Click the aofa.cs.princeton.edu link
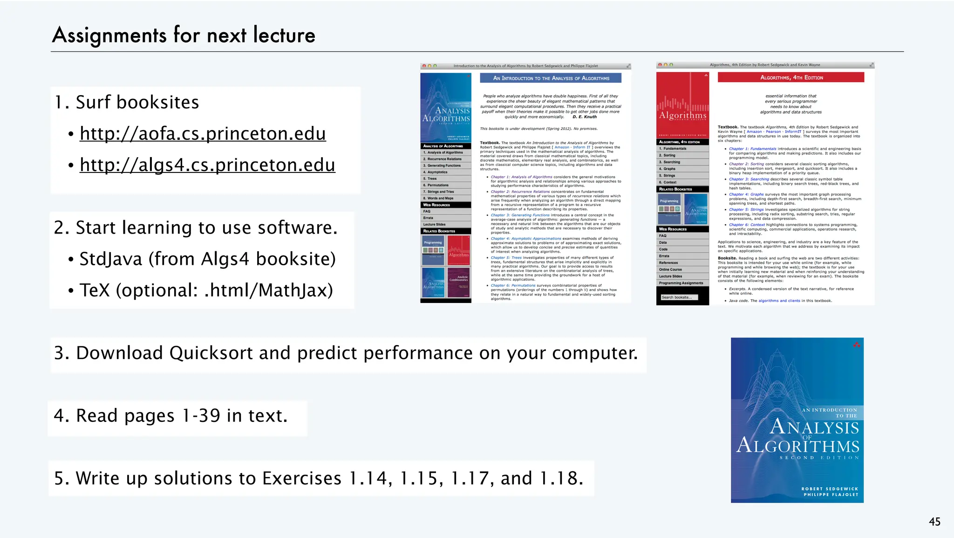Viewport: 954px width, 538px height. tap(203, 134)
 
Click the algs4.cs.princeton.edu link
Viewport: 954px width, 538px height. tap(207, 165)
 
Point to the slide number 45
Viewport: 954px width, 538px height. tap(934, 522)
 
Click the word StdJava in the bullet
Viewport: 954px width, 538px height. tap(111, 259)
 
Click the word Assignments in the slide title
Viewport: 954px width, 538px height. tap(109, 35)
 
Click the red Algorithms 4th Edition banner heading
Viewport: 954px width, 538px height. tap(791, 77)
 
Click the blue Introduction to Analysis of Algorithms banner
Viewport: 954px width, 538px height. tap(551, 78)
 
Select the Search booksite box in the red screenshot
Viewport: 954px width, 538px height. tap(679, 297)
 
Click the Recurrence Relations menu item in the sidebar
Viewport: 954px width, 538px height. tap(444, 159)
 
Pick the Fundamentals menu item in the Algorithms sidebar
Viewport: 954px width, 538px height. tap(675, 149)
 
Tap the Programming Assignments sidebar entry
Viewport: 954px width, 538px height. tap(681, 283)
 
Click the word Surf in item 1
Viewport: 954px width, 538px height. tap(93, 103)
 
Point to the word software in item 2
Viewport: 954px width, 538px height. tap(297, 228)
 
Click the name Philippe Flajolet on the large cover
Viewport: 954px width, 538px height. tap(831, 495)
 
